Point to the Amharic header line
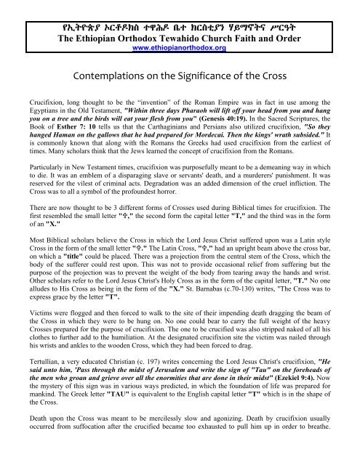click(x=180, y=26)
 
